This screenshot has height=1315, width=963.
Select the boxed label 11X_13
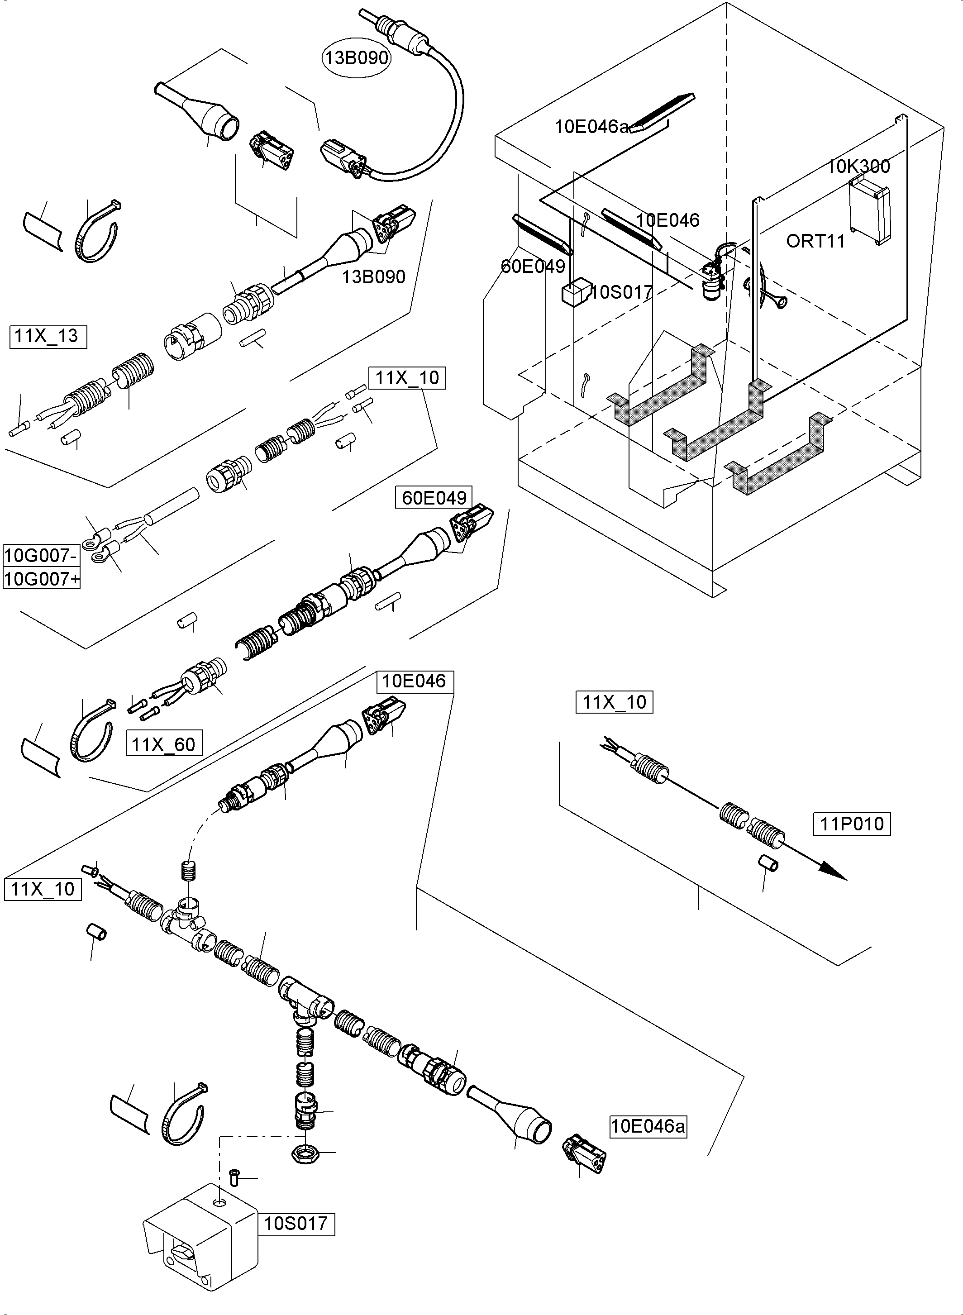[x=48, y=336]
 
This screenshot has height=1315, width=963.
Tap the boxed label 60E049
[x=434, y=498]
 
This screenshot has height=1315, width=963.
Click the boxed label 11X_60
[x=164, y=744]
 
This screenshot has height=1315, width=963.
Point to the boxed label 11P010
[x=852, y=824]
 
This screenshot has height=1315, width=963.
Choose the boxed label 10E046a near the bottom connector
[x=648, y=1126]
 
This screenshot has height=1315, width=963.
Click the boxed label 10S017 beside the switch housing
[x=296, y=1223]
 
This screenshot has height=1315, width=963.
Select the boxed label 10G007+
[x=41, y=579]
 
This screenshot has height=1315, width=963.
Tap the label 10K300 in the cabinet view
[x=858, y=167]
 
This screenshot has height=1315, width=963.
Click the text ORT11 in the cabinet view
[x=815, y=241]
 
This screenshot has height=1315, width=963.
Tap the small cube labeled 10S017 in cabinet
[x=575, y=293]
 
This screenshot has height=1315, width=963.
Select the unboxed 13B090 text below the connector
[x=374, y=277]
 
